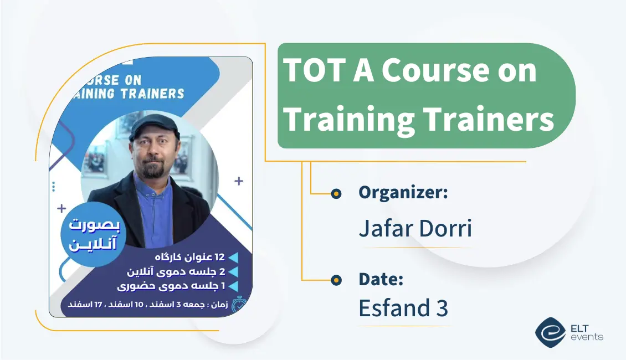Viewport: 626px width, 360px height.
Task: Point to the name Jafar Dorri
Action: point(415,228)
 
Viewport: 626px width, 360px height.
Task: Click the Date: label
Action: point(381,280)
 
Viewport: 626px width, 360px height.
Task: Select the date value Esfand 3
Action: point(403,308)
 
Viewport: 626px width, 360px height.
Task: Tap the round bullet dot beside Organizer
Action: point(336,194)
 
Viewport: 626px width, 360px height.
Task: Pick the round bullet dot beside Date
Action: point(336,281)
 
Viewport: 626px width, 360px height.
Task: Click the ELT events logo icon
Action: point(550,332)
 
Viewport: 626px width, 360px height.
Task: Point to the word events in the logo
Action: point(587,337)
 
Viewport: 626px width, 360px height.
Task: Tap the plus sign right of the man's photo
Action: point(238,181)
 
